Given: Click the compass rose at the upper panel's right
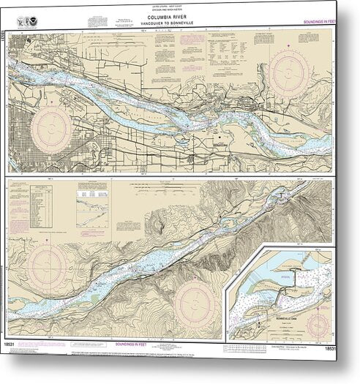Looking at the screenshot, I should [291, 69].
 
